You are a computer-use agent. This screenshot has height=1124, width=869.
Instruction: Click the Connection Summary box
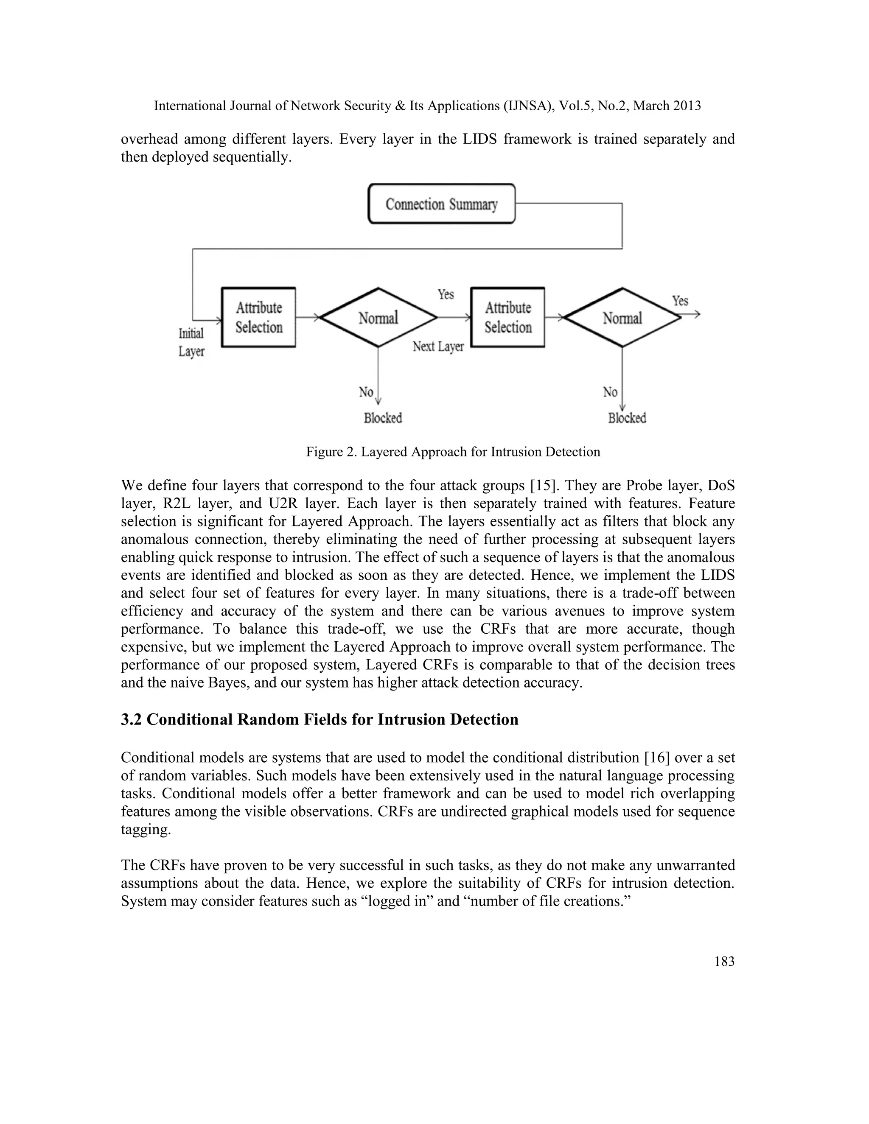pyautogui.click(x=441, y=204)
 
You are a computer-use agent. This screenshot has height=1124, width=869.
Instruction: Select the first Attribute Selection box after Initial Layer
pyautogui.click(x=258, y=317)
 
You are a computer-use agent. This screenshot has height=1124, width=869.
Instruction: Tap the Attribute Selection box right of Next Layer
pyautogui.click(x=507, y=317)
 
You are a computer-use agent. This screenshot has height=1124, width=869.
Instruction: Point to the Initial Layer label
pyautogui.click(x=191, y=342)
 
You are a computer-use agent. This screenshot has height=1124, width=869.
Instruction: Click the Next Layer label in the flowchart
pyautogui.click(x=438, y=347)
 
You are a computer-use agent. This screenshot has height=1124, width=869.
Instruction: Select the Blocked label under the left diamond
pyautogui.click(x=382, y=418)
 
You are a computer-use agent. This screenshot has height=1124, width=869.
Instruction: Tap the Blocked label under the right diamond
pyautogui.click(x=627, y=418)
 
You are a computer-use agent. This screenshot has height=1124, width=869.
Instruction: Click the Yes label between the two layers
pyautogui.click(x=446, y=294)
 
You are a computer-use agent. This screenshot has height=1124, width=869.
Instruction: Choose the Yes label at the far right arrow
pyautogui.click(x=680, y=301)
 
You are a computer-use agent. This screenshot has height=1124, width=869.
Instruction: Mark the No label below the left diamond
pyautogui.click(x=366, y=392)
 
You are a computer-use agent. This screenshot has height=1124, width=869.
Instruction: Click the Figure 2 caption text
pyautogui.click(x=453, y=452)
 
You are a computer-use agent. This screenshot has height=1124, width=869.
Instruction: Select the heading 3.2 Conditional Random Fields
pyautogui.click(x=319, y=719)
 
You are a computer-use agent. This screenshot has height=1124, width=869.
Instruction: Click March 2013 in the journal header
pyautogui.click(x=667, y=106)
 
